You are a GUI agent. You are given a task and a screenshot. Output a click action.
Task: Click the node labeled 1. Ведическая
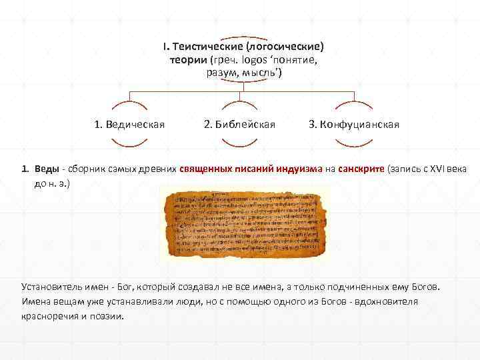tap(129, 124)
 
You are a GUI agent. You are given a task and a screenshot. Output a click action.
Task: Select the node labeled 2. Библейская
tap(239, 124)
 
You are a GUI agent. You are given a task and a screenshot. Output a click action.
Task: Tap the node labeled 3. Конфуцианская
tap(354, 124)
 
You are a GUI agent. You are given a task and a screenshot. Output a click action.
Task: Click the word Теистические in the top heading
tap(207, 47)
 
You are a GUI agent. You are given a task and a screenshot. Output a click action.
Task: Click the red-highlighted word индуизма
tap(295, 169)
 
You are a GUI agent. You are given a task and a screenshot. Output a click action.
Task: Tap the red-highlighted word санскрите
tap(361, 169)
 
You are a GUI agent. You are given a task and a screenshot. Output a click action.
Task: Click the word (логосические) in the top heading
tap(285, 47)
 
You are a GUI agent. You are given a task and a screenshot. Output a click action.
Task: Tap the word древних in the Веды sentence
tap(158, 169)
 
